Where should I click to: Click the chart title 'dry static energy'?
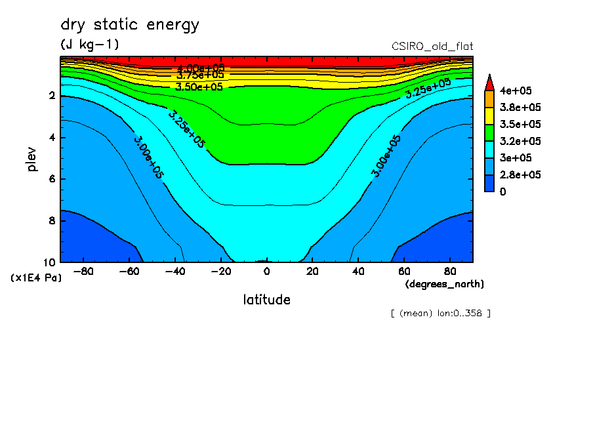point(130,26)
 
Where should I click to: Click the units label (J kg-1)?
point(90,45)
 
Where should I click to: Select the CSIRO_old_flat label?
point(432,46)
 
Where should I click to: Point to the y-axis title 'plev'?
point(32,159)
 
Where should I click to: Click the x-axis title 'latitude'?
point(266,300)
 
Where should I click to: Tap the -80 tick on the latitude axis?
point(83,271)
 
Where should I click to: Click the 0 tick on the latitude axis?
point(266,271)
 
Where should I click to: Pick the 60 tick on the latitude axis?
point(404,271)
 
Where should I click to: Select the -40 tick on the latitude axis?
point(174,271)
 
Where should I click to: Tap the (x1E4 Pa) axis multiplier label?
point(35,278)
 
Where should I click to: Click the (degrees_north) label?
point(445,284)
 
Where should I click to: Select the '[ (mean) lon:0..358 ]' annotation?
point(440,313)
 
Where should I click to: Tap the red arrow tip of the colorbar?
point(489,82)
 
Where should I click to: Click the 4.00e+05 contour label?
point(201,68)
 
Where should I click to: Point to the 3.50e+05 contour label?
point(201,87)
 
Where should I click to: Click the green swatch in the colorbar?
point(489,133)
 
